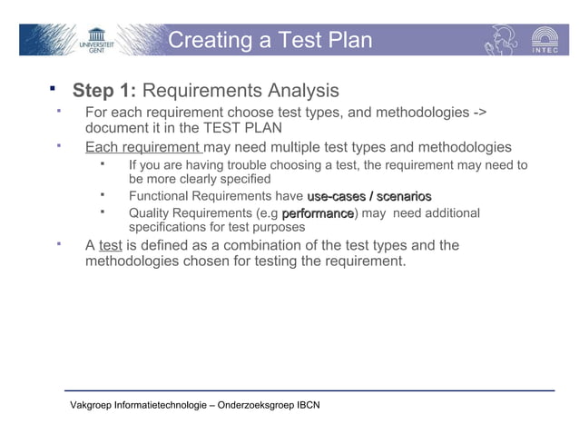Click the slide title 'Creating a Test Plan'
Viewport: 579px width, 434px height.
270,40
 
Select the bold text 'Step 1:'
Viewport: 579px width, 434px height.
104,91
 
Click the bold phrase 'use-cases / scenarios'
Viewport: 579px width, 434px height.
368,196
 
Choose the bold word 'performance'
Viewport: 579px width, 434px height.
317,213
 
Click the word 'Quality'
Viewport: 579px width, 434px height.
151,213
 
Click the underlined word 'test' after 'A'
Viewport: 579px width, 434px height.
110,246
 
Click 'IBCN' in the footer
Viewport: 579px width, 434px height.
309,405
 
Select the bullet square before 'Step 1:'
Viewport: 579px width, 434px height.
53,89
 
